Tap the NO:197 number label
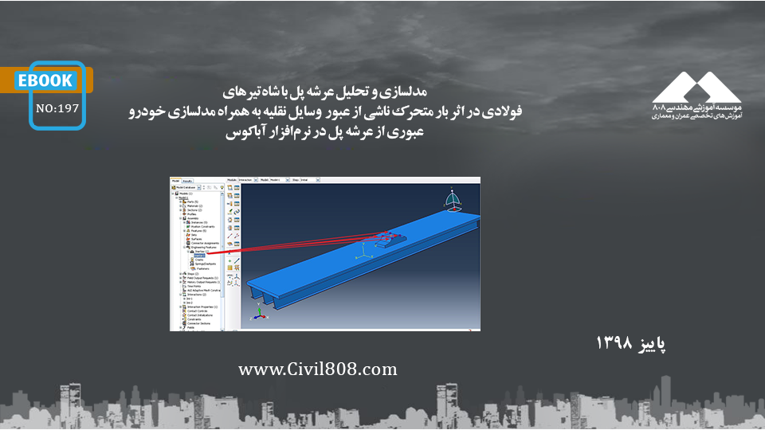coord(57,109)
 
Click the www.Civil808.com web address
coord(317,369)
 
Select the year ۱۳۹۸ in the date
coord(614,343)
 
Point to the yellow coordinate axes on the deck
coord(365,252)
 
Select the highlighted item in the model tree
coord(198,253)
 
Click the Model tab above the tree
coord(176,181)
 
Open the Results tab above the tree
coord(187,181)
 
